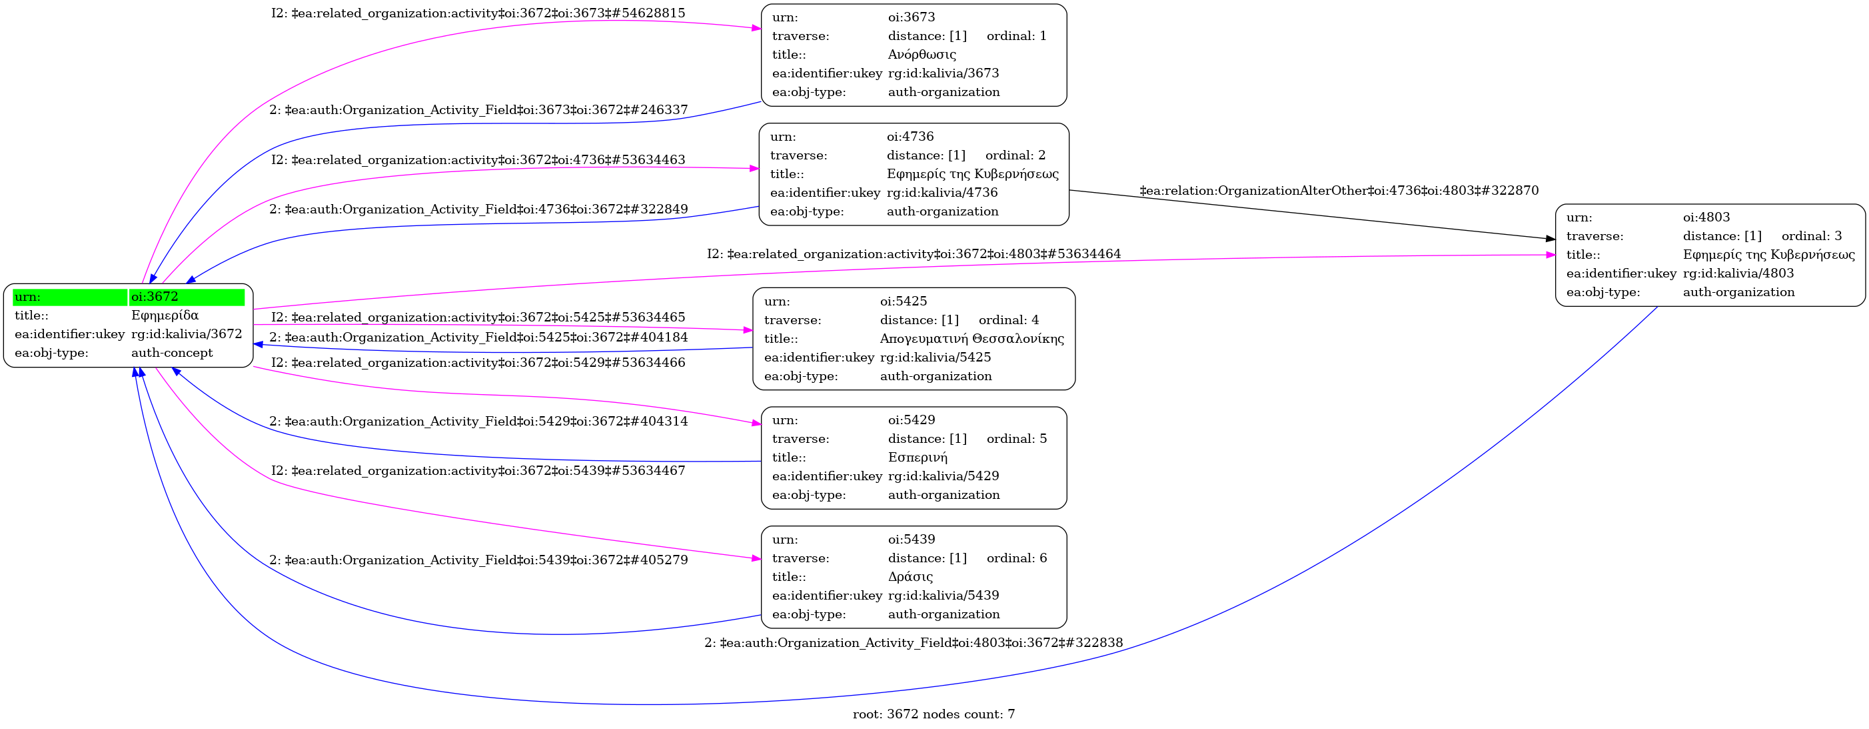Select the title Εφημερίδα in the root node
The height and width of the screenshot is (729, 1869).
[x=165, y=315]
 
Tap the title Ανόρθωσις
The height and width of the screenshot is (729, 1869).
[x=922, y=55]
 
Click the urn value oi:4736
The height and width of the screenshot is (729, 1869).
[x=910, y=137]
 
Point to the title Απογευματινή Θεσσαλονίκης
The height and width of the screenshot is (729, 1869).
[x=971, y=338]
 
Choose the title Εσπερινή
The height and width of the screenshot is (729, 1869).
[x=917, y=458]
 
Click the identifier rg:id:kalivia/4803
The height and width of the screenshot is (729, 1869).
[x=1738, y=273]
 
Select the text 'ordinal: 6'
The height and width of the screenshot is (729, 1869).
[x=1017, y=558]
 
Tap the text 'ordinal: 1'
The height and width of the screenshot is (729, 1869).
[x=1017, y=35]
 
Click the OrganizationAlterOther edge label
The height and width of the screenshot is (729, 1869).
[x=1339, y=191]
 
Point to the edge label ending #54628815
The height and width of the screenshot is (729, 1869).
[x=478, y=13]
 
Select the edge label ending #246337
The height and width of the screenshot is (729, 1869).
[x=478, y=110]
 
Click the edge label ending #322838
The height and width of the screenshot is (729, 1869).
[x=914, y=642]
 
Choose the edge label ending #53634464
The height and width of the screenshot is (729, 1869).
[x=914, y=254]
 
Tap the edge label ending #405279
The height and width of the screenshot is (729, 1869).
[x=478, y=560]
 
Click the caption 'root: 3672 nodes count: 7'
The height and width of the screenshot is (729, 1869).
[x=934, y=714]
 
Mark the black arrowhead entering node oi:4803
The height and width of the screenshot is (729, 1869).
[x=1551, y=238]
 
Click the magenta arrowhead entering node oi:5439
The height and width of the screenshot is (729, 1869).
[x=757, y=558]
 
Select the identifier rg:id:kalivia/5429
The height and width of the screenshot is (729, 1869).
[x=943, y=476]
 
